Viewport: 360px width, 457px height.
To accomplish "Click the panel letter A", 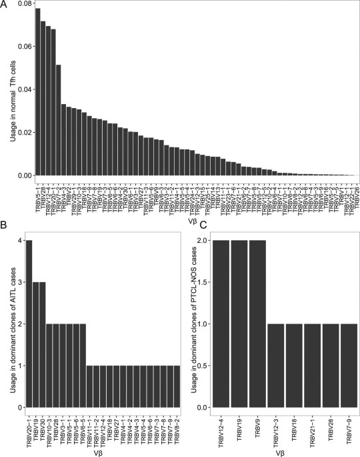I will [5, 5].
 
